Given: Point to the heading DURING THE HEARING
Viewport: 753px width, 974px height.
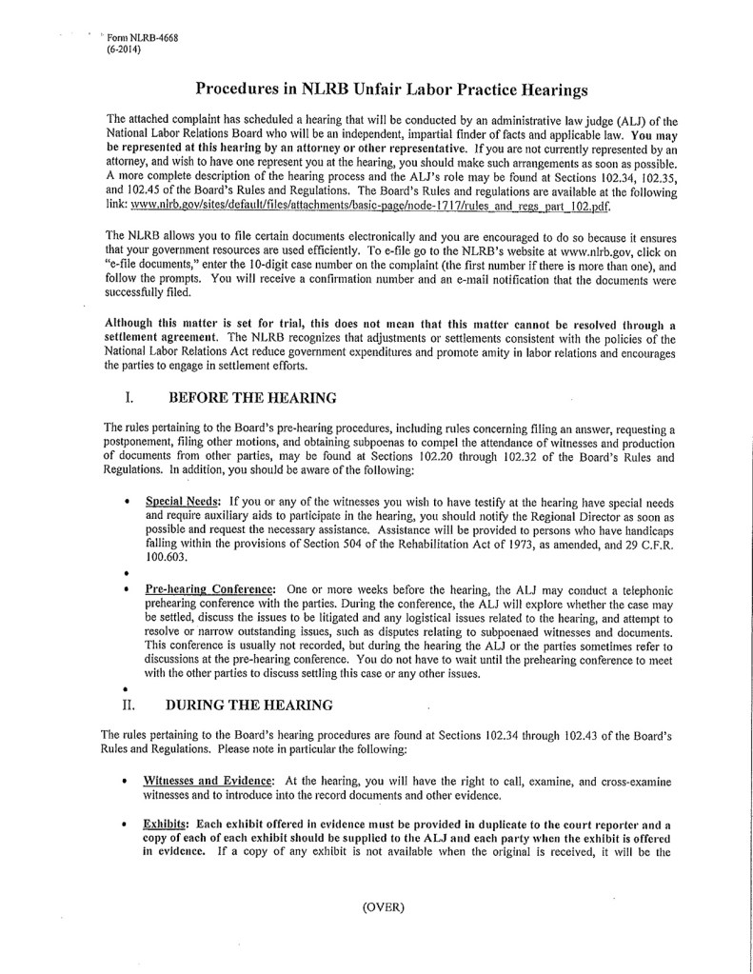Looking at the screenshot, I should point(249,706).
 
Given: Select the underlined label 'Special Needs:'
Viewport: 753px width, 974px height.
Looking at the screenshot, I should point(184,500).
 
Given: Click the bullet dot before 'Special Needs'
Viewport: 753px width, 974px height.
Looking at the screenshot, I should point(128,501).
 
